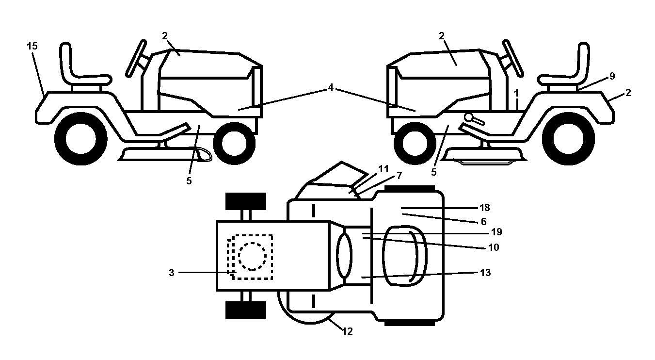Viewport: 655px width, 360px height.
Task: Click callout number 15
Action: (x=32, y=46)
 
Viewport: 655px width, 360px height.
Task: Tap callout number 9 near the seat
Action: (x=612, y=76)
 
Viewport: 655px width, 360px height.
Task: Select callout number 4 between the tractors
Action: (x=331, y=87)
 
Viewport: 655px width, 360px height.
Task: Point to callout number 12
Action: (x=348, y=331)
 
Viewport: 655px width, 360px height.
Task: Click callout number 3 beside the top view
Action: (x=172, y=273)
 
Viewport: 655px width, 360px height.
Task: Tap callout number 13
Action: (x=485, y=273)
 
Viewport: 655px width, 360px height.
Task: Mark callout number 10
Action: (x=494, y=247)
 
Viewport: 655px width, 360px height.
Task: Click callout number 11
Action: (x=383, y=169)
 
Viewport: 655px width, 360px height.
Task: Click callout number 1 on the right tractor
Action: (x=516, y=94)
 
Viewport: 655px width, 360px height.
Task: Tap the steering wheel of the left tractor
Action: (x=136, y=59)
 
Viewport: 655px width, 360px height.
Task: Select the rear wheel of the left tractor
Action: (x=80, y=139)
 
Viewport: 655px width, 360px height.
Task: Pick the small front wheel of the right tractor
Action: (x=415, y=144)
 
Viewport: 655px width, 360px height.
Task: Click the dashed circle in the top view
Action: (x=252, y=256)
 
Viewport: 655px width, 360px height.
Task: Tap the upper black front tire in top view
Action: (x=246, y=201)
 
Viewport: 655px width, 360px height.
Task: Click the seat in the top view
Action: (x=405, y=256)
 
